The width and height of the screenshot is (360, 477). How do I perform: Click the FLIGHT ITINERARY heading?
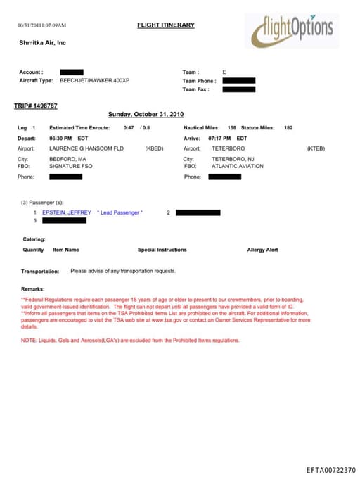(166, 25)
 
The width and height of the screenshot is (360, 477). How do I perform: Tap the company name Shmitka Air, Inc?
(42, 43)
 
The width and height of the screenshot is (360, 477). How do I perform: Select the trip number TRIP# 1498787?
(36, 106)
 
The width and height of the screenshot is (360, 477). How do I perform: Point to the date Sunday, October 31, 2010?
(146, 114)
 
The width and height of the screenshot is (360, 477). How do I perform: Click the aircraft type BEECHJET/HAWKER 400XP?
(94, 81)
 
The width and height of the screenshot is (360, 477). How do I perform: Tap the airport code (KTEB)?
(316, 149)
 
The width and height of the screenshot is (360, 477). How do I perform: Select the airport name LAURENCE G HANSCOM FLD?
(86, 149)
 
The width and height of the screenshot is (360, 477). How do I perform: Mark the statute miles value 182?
(288, 128)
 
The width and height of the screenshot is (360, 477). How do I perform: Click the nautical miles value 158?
(232, 128)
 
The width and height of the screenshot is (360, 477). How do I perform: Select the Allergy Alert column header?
(262, 250)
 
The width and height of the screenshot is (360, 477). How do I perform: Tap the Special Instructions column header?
(162, 250)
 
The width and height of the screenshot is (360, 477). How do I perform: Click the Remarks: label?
(33, 289)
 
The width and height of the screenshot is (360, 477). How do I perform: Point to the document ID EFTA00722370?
(331, 469)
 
